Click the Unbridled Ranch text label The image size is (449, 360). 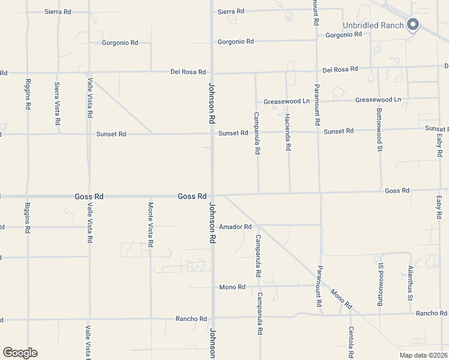coord(372,25)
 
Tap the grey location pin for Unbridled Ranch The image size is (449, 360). coord(412,25)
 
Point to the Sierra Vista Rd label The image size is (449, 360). coord(58,103)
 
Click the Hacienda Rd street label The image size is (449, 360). coord(288,131)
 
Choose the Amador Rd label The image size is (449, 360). coord(235,227)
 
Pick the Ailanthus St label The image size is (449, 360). coord(411,283)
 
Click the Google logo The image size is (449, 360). coord(20,353)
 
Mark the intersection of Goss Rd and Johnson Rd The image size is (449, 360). coord(212,195)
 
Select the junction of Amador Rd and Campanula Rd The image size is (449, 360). coord(256,226)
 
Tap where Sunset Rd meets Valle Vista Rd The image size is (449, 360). coord(89,134)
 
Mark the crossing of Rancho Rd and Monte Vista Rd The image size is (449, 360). coord(151,319)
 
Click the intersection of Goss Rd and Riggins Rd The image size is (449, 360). coord(28,196)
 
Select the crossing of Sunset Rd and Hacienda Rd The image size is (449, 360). coord(288,131)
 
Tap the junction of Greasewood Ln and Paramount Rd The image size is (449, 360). coord(317,101)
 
